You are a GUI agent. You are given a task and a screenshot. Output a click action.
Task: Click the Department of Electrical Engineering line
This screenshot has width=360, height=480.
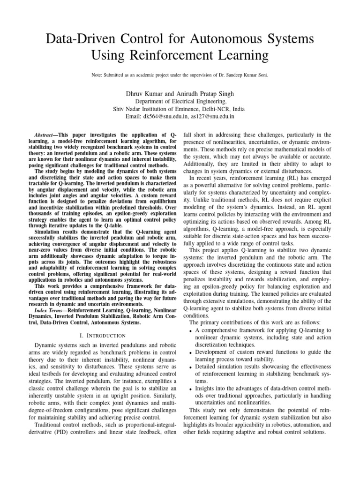tap(180, 101)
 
